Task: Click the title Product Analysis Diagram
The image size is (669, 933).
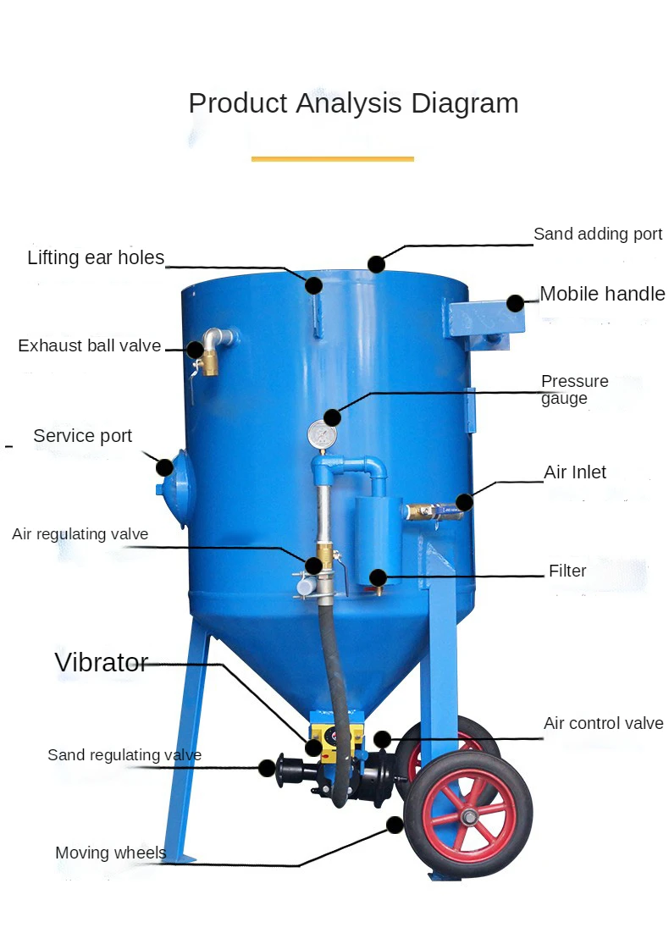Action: [353, 103]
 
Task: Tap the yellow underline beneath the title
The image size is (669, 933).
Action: [333, 158]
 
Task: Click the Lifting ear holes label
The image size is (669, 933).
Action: [96, 257]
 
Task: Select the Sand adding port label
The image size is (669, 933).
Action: [597, 234]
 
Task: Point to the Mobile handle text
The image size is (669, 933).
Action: [602, 294]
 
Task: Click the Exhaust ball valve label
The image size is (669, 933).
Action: [90, 345]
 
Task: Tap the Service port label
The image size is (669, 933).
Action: [83, 436]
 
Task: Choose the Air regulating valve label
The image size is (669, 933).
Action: [80, 533]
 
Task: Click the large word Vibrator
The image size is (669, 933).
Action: [102, 662]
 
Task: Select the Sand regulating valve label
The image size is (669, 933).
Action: [124, 754]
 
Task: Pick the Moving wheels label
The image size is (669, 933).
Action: [111, 853]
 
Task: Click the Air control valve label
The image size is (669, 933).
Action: [603, 723]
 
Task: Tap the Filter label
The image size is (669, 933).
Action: [567, 571]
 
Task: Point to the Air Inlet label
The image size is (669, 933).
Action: [575, 472]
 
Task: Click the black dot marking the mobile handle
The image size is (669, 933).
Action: [515, 303]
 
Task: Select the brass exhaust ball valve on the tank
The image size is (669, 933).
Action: [207, 359]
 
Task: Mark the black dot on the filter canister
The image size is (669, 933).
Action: [378, 578]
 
